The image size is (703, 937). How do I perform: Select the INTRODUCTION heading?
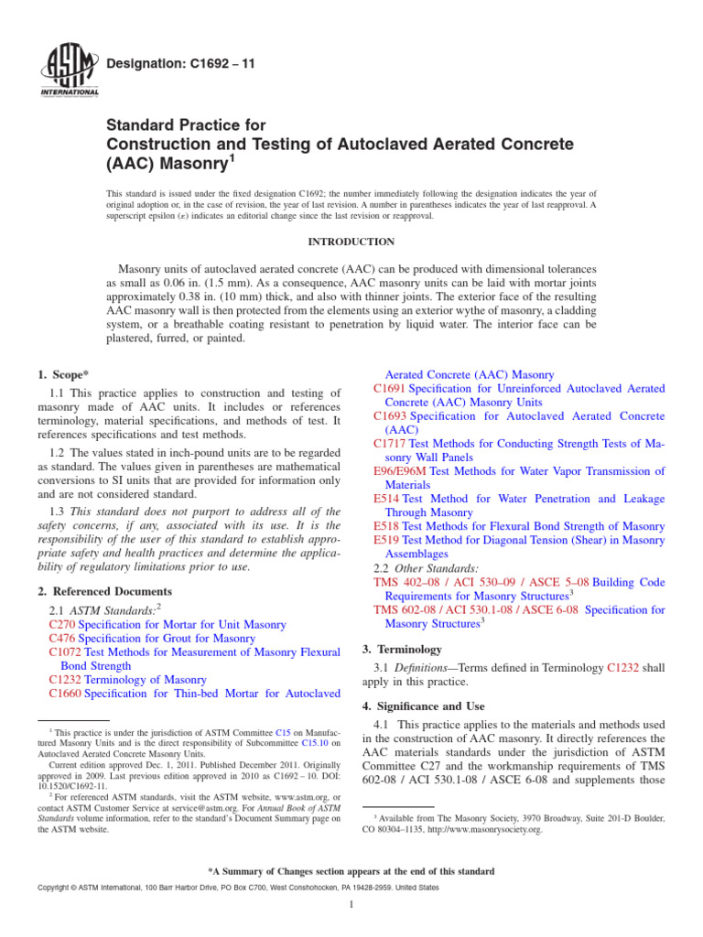(x=351, y=242)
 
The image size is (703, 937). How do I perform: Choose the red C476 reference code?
(x=62, y=639)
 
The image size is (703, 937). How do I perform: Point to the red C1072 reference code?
(x=66, y=652)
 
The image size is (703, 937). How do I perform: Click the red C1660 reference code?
(x=66, y=694)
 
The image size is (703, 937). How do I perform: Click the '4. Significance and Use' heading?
(x=425, y=706)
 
